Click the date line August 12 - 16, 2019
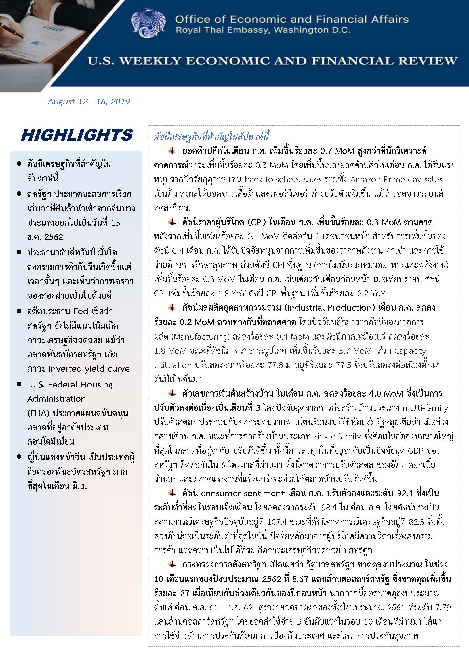[89, 102]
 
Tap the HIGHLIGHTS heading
[77, 135]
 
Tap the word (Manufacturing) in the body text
[201, 337]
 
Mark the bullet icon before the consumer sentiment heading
[172, 493]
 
